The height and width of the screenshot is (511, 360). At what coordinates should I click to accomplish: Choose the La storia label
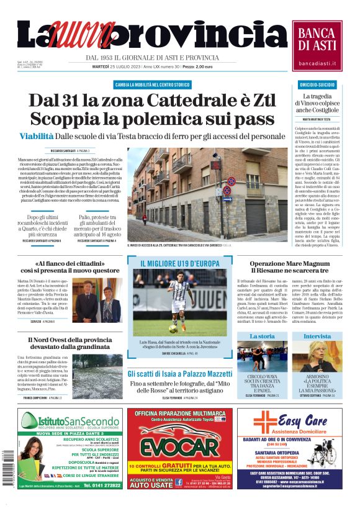(262, 336)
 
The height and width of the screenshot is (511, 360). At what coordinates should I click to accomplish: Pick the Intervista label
(317, 336)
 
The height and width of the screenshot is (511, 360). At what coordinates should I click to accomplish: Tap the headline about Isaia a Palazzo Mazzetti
(179, 374)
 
